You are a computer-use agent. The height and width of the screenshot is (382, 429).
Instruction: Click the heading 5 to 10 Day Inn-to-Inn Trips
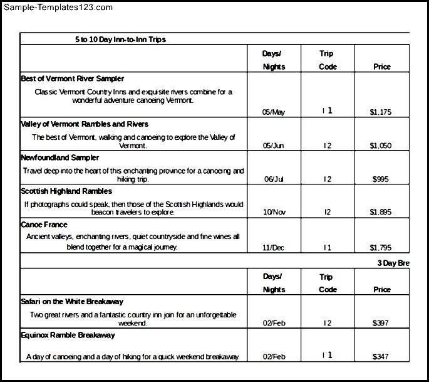click(120, 40)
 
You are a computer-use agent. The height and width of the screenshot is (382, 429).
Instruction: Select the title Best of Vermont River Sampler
click(72, 79)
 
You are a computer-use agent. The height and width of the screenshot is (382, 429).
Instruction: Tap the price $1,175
click(381, 112)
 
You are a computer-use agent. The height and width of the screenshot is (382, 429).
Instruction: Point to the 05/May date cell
click(274, 112)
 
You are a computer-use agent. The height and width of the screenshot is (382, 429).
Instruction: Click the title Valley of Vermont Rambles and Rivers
click(85, 124)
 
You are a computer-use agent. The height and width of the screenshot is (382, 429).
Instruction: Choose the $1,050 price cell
click(381, 146)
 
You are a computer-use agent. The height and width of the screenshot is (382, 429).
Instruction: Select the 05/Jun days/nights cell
click(274, 146)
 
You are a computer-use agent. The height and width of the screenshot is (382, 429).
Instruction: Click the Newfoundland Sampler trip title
click(59, 157)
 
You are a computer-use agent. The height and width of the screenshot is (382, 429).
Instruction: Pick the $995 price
click(381, 179)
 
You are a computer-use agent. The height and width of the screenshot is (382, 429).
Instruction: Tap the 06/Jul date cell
click(274, 179)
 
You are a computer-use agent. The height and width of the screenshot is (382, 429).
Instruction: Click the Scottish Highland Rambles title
click(66, 191)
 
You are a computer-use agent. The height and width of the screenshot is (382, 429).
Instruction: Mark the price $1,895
click(381, 213)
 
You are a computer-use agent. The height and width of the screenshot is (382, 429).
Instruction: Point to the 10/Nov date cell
click(274, 213)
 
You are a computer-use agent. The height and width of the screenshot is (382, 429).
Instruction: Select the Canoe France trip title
click(44, 225)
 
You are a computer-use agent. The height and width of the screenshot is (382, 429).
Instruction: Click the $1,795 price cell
click(381, 248)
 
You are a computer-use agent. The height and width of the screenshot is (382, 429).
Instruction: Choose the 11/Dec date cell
click(274, 248)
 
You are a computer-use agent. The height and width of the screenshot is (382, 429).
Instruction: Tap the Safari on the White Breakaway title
click(72, 302)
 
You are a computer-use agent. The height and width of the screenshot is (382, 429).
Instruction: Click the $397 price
click(381, 324)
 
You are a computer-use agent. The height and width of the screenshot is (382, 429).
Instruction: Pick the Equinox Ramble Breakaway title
click(68, 336)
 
